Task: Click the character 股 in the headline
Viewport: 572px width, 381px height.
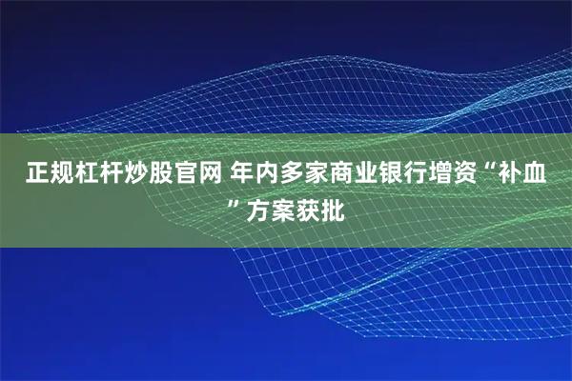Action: (157, 173)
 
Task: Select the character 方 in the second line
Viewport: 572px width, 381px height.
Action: (255, 206)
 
